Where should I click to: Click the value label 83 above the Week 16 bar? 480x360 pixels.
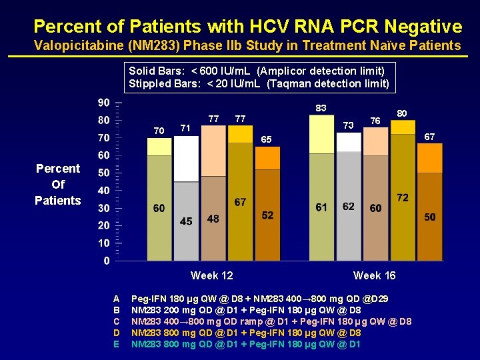(x=321, y=108)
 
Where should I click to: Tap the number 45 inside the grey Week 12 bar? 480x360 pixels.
(x=186, y=221)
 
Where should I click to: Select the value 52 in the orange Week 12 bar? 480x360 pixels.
(x=267, y=215)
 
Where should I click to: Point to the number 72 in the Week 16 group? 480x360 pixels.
(x=403, y=199)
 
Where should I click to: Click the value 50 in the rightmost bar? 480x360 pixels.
(x=430, y=217)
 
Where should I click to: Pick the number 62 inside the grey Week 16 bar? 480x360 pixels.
(x=348, y=207)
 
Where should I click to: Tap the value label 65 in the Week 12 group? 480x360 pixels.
(x=266, y=140)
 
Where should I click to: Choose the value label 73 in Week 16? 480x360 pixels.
(x=347, y=125)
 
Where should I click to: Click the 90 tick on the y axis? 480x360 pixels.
(x=104, y=103)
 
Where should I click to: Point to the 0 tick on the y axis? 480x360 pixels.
(x=107, y=261)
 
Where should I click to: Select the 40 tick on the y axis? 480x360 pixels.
(x=104, y=191)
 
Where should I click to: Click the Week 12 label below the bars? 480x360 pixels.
(x=211, y=275)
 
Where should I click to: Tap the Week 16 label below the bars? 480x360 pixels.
(x=374, y=275)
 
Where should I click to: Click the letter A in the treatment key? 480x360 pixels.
(x=117, y=299)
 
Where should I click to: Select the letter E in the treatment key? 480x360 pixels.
(x=117, y=344)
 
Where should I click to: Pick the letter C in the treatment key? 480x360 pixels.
(x=117, y=321)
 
